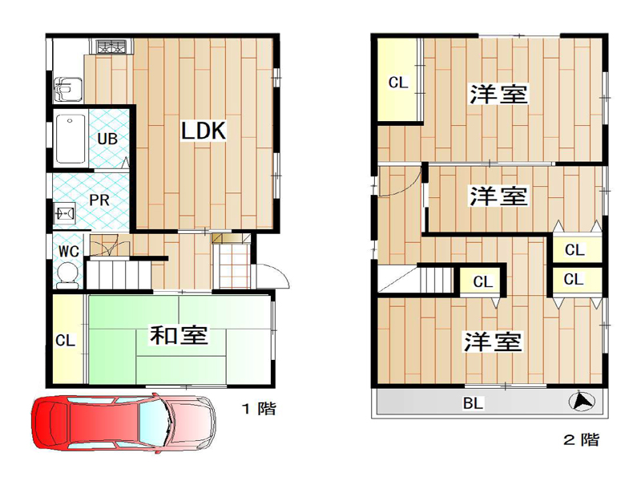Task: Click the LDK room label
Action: coord(204,131)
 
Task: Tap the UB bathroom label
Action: coord(107,139)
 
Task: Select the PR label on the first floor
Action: coord(99,200)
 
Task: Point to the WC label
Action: coord(69,251)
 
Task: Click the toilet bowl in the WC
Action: coord(67,275)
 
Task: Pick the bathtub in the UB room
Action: coord(71,139)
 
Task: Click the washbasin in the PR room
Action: coord(65,213)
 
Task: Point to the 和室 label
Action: coord(179,335)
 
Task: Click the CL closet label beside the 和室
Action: coord(66,340)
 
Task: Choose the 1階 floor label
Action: coord(260,408)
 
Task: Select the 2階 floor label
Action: coord(582,439)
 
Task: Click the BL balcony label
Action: coord(473,403)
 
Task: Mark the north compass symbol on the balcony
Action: coord(582,402)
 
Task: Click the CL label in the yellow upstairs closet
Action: coord(398,83)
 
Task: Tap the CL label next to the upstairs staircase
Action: coord(483,281)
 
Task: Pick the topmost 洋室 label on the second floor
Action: coord(498,94)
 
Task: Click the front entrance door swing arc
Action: coord(282,273)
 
